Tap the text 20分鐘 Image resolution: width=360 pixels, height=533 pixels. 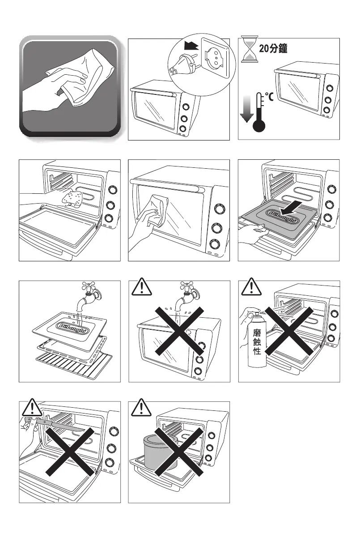coord(272,49)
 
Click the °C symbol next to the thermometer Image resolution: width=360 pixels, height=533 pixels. coord(270,95)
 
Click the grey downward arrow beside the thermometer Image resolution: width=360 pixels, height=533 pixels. coord(246,111)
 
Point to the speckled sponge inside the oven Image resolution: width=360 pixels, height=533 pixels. coord(72,198)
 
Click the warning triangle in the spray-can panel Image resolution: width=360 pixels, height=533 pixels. coord(251,288)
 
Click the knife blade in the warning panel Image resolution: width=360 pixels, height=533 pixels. coord(62,425)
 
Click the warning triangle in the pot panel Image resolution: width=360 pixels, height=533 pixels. coord(141,408)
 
